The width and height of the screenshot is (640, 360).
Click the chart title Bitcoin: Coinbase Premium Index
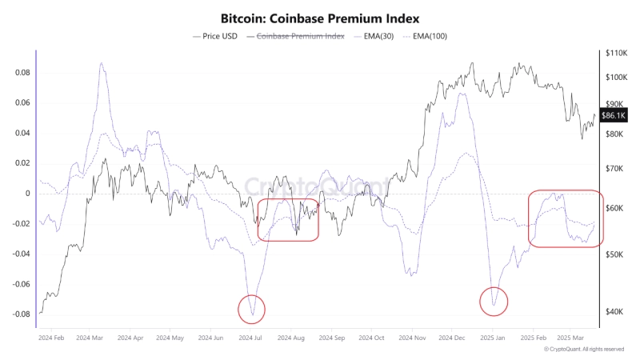[320, 18]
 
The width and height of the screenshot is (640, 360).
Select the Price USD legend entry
[216, 37]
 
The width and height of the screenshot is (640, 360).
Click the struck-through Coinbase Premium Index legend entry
[300, 37]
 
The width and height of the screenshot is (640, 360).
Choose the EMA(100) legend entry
[427, 37]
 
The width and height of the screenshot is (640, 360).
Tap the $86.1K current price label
[614, 116]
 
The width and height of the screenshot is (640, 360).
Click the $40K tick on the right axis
[613, 312]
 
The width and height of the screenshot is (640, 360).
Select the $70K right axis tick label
[613, 168]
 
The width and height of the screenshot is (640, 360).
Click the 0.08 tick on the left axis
[23, 73]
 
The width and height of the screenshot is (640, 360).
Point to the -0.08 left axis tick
[22, 314]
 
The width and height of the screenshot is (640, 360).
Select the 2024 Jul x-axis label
[250, 338]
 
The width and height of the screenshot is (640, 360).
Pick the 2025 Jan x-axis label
[493, 338]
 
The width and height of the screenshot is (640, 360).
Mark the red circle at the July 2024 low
[251, 308]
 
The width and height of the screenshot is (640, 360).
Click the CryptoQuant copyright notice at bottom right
[583, 350]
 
